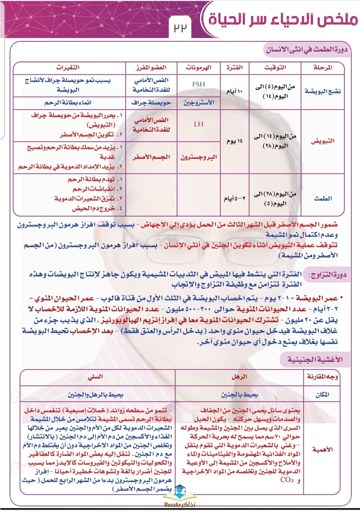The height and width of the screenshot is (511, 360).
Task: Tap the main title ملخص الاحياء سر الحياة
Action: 283,19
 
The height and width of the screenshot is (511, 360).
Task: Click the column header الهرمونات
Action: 199,68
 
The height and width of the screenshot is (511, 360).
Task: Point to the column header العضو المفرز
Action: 151,68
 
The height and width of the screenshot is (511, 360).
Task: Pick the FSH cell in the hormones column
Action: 199,84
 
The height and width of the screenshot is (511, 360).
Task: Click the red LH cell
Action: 199,124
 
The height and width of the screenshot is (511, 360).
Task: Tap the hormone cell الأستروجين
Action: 199,103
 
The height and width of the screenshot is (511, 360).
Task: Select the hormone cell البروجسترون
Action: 199,157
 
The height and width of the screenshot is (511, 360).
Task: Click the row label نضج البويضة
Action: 323,91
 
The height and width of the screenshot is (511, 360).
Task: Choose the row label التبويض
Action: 323,141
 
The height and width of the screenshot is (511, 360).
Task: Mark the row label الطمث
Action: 323,198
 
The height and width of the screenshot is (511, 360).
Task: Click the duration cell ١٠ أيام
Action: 235,91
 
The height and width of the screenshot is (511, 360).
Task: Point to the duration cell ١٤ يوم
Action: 235,141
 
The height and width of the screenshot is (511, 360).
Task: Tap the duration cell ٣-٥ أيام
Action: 235,198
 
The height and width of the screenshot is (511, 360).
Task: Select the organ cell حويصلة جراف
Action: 151,103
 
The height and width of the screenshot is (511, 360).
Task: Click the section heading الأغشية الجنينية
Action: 315,360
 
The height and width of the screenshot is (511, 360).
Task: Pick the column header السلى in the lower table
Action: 95,377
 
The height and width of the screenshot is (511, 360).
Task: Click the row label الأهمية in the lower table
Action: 322,449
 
